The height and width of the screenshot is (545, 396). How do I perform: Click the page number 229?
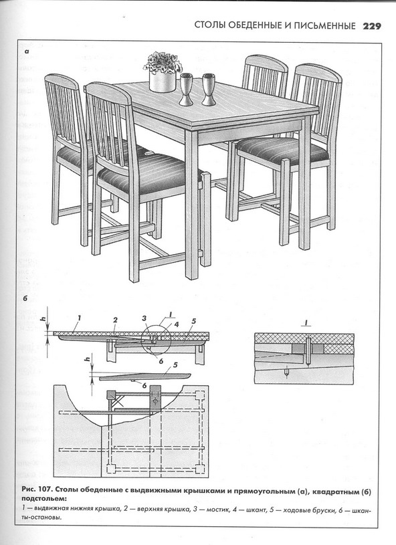tap(372, 25)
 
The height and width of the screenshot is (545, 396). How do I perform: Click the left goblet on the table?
tap(186, 89)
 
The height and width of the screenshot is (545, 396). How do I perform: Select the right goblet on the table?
tap(209, 89)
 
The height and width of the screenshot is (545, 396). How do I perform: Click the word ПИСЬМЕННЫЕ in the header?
tap(325, 25)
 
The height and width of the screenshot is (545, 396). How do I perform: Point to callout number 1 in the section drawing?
tap(80, 318)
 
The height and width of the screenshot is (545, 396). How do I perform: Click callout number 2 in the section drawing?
tap(116, 320)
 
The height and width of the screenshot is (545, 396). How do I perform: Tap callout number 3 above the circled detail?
tap(144, 318)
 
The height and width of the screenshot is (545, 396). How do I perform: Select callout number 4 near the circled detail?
tap(177, 324)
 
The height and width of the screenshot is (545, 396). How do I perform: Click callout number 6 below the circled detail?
tap(161, 361)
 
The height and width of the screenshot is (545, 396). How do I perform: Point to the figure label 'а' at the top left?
tap(27, 51)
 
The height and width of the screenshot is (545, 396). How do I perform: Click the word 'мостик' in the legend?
tap(217, 510)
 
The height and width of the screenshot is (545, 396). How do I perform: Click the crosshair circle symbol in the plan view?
tap(155, 401)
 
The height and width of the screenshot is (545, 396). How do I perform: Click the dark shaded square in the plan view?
tap(111, 395)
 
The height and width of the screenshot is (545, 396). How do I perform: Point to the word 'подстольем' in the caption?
tap(43, 500)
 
